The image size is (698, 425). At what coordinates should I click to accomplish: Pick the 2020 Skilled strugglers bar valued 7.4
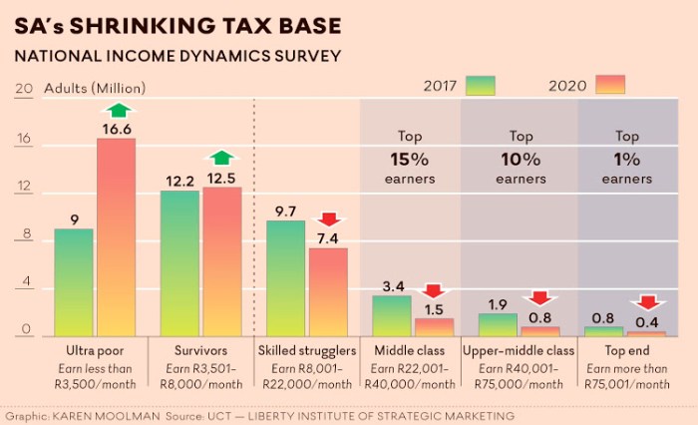(328, 291)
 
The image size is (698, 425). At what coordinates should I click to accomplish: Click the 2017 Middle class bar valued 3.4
(392, 315)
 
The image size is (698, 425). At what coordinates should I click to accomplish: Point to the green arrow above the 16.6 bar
(119, 110)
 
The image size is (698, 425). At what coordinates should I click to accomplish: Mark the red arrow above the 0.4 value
(648, 301)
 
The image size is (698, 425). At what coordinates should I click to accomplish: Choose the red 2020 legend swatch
(609, 86)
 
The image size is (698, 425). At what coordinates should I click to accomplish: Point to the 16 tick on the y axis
(23, 141)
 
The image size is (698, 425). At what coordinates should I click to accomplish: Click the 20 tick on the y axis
(23, 88)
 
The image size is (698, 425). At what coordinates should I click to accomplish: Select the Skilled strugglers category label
(306, 351)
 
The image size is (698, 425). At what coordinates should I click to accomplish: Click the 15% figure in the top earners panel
(410, 159)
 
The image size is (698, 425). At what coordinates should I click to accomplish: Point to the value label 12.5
(221, 179)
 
